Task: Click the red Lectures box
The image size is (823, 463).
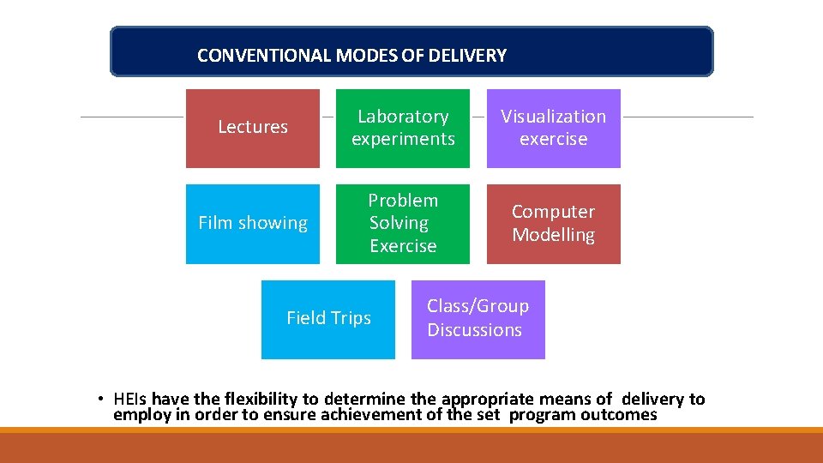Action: [253, 129]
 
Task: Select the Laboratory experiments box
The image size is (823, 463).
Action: [403, 129]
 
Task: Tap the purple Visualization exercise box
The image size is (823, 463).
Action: [553, 129]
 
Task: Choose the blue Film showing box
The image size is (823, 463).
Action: [253, 224]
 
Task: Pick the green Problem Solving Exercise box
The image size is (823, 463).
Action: [403, 224]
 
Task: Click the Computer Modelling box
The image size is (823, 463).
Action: [553, 224]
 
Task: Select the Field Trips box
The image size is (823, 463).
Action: [328, 319]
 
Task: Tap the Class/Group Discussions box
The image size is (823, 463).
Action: [478, 319]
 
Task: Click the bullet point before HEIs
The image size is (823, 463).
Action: [100, 400]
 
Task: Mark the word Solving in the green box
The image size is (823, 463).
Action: [399, 223]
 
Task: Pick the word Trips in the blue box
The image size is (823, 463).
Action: [351, 318]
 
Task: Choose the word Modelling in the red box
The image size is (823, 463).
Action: [553, 235]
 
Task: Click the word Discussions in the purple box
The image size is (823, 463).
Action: [474, 330]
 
